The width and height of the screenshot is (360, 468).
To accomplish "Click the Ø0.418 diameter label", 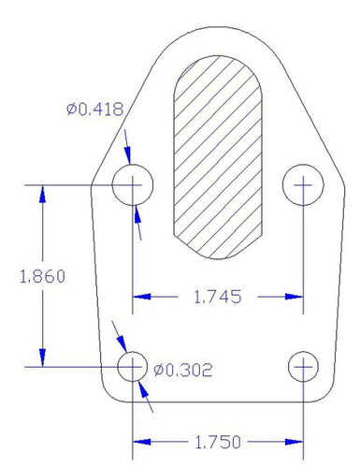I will pos(94,110).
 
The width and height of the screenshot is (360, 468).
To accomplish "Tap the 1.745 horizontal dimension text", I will pos(217,298).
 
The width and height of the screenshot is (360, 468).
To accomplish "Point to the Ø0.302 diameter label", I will pos(182,370).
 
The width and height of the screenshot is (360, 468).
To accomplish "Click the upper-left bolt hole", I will pos(133,185).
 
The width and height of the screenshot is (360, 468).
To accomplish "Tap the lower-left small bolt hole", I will pos(133,366).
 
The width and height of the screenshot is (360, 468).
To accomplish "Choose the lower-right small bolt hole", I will pos(303,366).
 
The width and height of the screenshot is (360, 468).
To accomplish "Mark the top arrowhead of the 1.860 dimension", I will pos(41,193).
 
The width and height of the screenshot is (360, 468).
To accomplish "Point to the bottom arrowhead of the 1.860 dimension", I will pos(41,359).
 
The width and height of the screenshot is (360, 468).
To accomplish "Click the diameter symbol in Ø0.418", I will pos(71,110).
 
